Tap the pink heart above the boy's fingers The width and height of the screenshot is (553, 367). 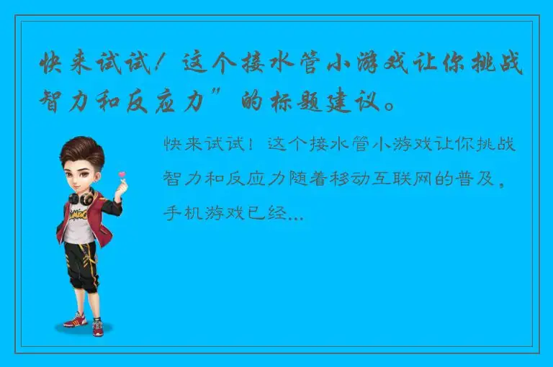pyautogui.click(x=122, y=175)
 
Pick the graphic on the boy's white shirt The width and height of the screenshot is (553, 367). pyautogui.click(x=78, y=217)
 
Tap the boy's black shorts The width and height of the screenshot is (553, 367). pyautogui.click(x=79, y=255)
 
